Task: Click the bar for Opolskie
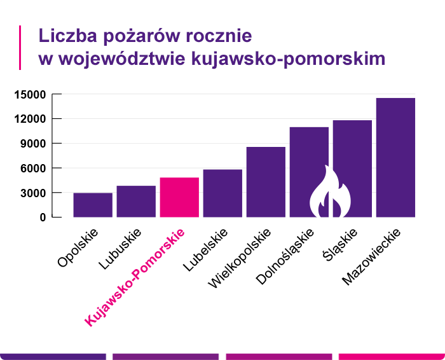click(x=93, y=205)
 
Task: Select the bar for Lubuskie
click(x=136, y=201)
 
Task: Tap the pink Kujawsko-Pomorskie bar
click(x=179, y=197)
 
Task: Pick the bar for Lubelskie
click(x=222, y=193)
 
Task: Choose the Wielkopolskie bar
click(x=266, y=182)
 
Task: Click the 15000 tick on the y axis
click(x=30, y=95)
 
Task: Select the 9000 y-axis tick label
click(x=33, y=144)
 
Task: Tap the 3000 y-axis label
click(x=33, y=193)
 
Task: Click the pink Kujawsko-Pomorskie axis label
click(x=135, y=277)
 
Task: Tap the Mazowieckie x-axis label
click(x=371, y=258)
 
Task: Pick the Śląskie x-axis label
click(x=341, y=246)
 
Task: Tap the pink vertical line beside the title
click(x=20, y=47)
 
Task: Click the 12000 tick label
click(x=30, y=119)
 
